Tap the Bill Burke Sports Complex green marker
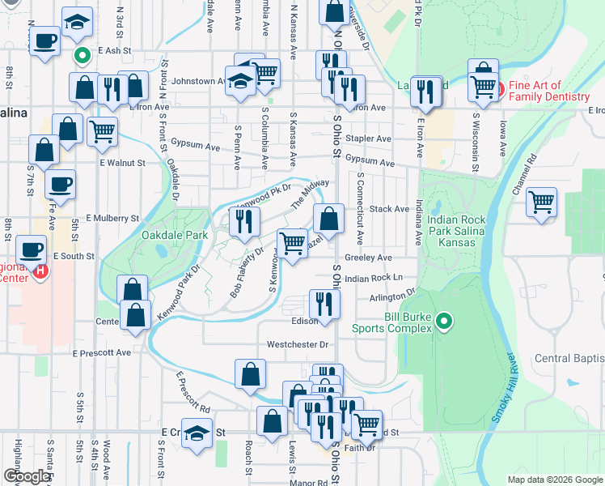[x=442, y=322]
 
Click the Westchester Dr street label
[x=298, y=344]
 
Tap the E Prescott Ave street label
[x=101, y=353]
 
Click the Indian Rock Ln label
[x=373, y=278]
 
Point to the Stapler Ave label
[x=368, y=139]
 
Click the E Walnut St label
[x=122, y=163]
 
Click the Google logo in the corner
[x=27, y=476]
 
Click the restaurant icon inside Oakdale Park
[x=243, y=222]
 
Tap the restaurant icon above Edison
[x=324, y=305]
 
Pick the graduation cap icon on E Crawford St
[x=197, y=433]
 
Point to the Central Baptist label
[x=569, y=358]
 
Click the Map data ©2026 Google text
[x=554, y=479]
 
